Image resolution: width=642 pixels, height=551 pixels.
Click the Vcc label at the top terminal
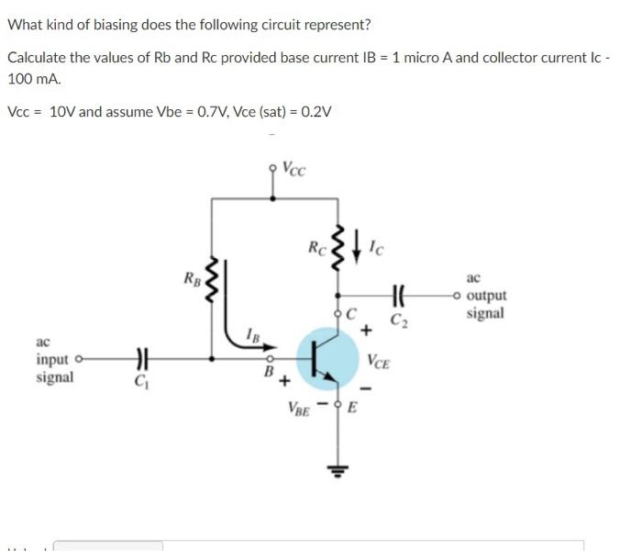294,169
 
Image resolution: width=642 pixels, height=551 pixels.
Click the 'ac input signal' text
55,359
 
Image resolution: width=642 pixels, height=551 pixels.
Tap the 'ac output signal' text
484,295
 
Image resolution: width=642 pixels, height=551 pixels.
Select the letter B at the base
269,373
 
